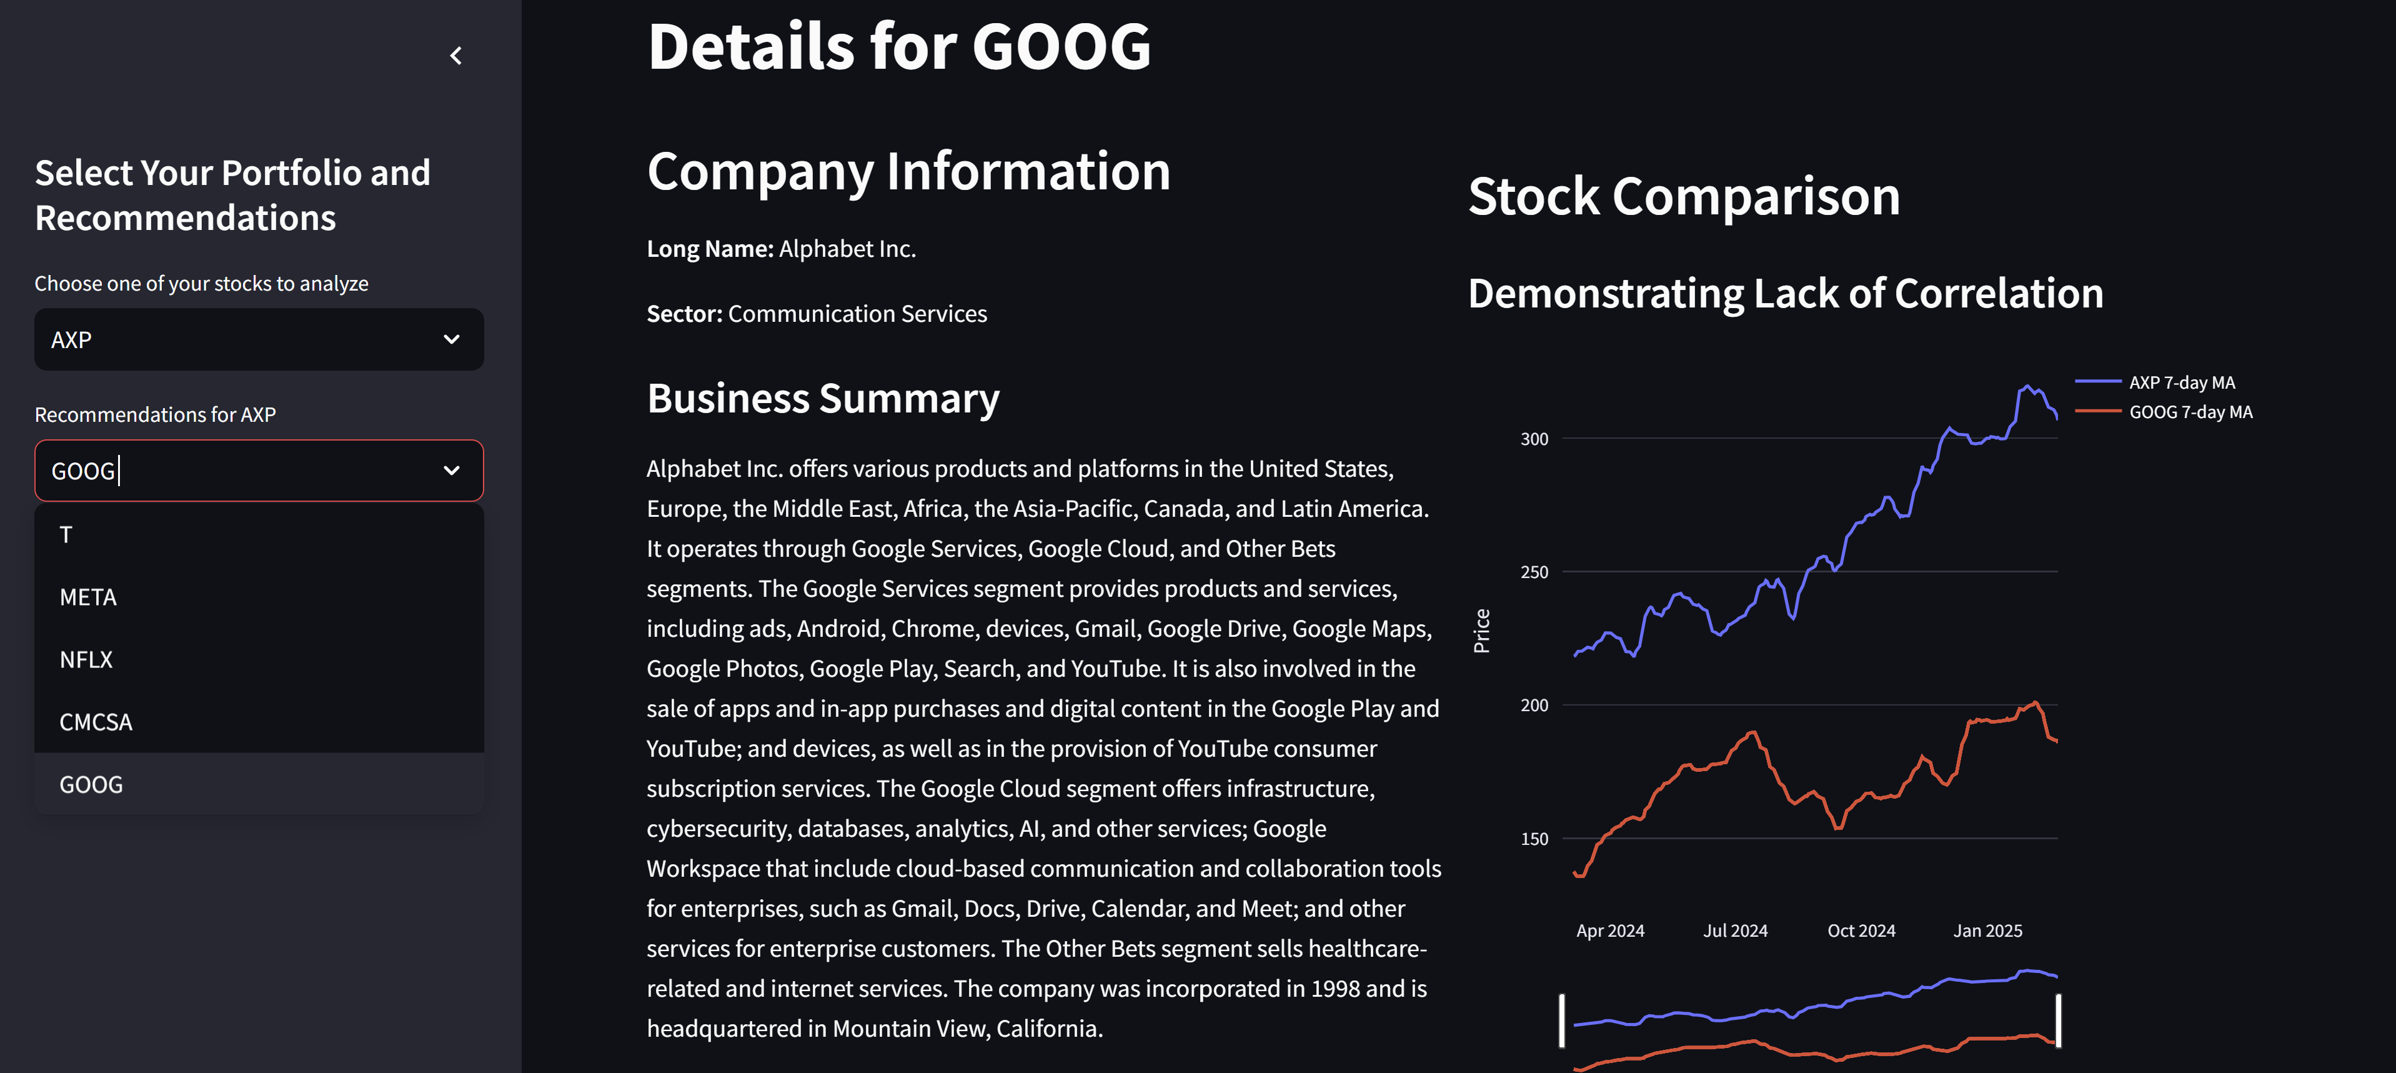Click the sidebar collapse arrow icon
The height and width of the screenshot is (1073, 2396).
pyautogui.click(x=455, y=56)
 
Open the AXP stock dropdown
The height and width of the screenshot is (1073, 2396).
pyautogui.click(x=259, y=340)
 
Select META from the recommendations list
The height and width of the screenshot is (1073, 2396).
pyautogui.click(x=88, y=597)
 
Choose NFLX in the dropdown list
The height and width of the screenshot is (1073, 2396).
pyautogui.click(x=86, y=660)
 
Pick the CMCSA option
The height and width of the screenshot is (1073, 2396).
pyautogui.click(x=96, y=722)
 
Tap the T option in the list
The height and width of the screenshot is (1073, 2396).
pyautogui.click(x=66, y=535)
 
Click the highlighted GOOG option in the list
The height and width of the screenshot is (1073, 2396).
pyautogui.click(x=91, y=784)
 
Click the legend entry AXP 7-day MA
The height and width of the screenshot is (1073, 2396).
pyautogui.click(x=2181, y=382)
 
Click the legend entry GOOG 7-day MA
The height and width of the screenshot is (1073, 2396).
pyautogui.click(x=2190, y=412)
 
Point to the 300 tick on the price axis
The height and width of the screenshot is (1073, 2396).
pyautogui.click(x=1534, y=439)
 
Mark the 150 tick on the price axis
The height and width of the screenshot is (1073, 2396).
pyautogui.click(x=1534, y=839)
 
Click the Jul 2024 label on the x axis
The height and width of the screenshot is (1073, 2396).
pyautogui.click(x=1735, y=931)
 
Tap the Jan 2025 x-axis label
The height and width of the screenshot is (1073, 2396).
pyautogui.click(x=1987, y=931)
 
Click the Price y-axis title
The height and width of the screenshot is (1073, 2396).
pyautogui.click(x=1482, y=631)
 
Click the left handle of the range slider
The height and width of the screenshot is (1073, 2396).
pyautogui.click(x=1563, y=1021)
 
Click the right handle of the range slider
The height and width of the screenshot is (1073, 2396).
pyautogui.click(x=2059, y=1021)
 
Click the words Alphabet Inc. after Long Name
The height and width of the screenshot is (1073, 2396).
pyautogui.click(x=847, y=249)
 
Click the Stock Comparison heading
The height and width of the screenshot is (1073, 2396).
pyautogui.click(x=1684, y=197)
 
